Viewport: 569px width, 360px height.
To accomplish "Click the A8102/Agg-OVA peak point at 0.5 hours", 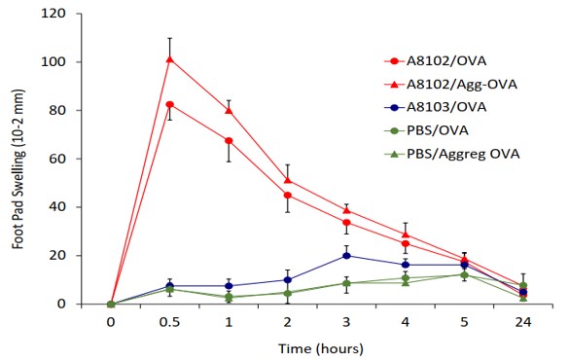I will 170,58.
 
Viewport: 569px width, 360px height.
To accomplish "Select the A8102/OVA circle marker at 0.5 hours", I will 170,104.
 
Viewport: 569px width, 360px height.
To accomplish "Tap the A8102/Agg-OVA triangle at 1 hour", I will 229,110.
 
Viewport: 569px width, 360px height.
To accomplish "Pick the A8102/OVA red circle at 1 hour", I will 229,141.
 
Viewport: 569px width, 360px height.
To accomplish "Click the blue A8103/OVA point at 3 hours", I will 346,256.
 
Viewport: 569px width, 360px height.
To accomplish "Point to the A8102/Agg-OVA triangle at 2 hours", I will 288,180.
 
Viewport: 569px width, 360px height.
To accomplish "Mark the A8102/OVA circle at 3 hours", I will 346,223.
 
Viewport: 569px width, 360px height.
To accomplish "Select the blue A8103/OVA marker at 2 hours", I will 288,279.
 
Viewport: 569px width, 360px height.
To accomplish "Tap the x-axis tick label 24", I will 523,320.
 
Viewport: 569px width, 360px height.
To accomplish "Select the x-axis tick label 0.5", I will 170,320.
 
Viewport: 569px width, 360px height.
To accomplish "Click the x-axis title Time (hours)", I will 317,347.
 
